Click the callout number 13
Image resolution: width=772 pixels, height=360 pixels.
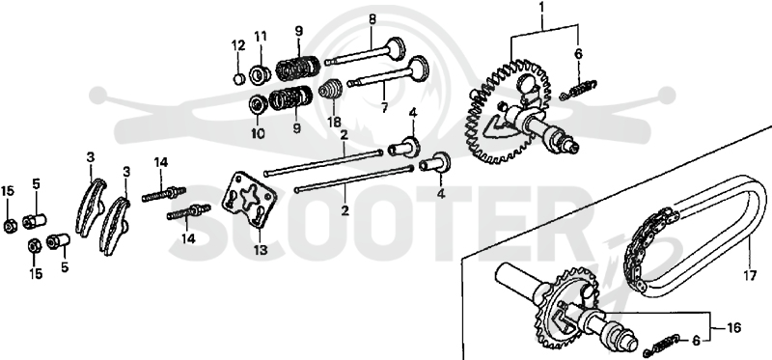coord(261,250)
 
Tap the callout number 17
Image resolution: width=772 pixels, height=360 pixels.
coord(750,276)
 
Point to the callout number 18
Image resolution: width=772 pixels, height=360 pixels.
coord(334,122)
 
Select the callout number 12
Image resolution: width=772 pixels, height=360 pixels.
coord(238,45)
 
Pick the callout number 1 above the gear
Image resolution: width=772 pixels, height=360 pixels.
coord(542,8)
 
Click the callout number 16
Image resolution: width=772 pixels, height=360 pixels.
coord(733,327)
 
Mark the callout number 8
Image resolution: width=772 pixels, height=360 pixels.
coord(372,19)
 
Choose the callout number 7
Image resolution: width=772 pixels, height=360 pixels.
coord(384,107)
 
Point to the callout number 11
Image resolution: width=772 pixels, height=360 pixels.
coord(261,37)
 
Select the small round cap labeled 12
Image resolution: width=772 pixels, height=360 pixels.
coord(238,78)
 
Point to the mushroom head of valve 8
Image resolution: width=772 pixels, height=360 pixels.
coord(396,47)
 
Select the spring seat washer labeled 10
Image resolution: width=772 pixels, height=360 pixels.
coord(257,104)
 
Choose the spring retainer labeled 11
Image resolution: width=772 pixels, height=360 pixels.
coord(260,74)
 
